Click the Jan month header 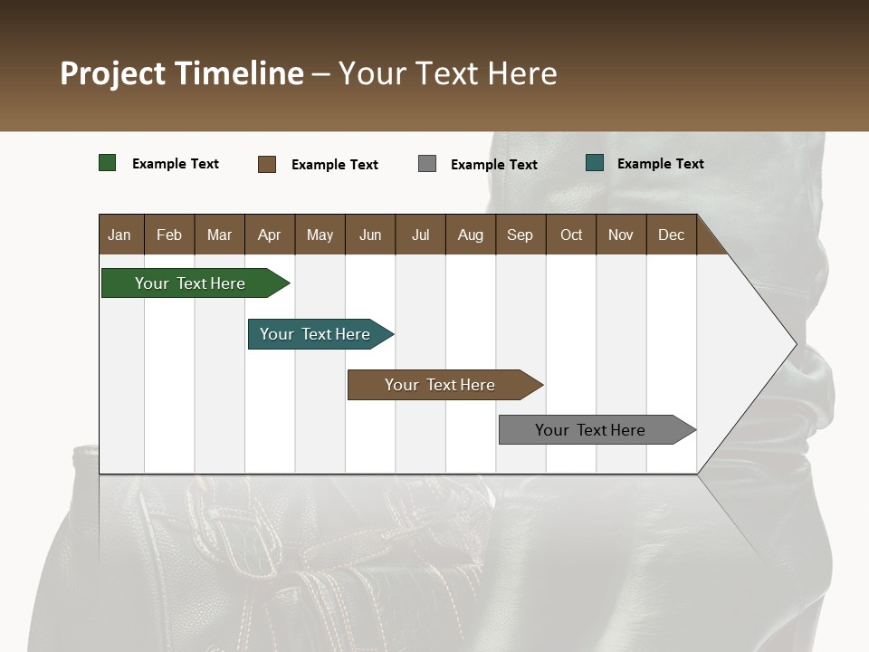[x=119, y=235]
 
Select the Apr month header [x=269, y=235]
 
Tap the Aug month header [x=470, y=235]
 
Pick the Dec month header [x=671, y=235]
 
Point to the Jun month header [x=369, y=235]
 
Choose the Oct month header [x=570, y=235]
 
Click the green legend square [x=107, y=163]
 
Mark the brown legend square [x=266, y=164]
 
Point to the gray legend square [x=426, y=164]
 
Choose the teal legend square [x=594, y=163]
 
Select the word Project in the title [x=113, y=73]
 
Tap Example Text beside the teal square [x=660, y=164]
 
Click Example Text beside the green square [x=175, y=164]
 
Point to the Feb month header [x=169, y=235]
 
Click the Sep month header [x=520, y=235]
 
